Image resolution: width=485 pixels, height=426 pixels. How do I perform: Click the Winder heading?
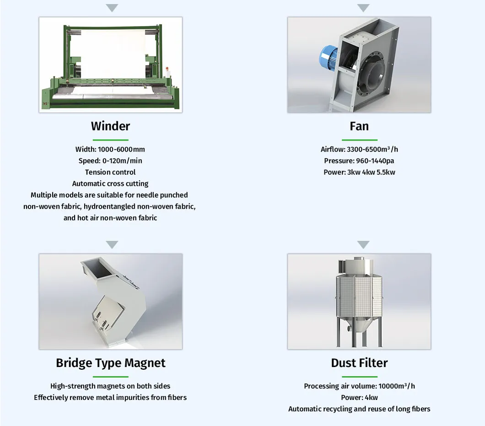point(110,126)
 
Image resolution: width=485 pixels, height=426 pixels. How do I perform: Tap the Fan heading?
point(359,126)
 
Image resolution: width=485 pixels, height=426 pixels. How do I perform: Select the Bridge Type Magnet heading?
point(110,363)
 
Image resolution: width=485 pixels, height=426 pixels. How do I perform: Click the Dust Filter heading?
point(359,363)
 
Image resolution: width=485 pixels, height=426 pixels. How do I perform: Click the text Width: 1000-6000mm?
point(110,149)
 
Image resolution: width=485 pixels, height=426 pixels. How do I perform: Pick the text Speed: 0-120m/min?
point(110,161)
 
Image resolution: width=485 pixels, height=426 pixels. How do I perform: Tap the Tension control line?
point(110,172)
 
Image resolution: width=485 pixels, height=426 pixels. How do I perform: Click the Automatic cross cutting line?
point(110,183)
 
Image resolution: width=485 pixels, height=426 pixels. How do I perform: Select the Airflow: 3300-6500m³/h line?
point(359,149)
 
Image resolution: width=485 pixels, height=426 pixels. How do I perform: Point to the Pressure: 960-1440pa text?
point(359,161)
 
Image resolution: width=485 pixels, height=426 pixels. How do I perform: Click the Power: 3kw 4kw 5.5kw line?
point(359,172)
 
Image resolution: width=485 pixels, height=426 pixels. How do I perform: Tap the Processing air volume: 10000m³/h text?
point(359,386)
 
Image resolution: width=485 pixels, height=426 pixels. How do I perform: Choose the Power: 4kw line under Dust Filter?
point(359,397)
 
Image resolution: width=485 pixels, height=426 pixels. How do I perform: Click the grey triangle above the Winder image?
point(112,8)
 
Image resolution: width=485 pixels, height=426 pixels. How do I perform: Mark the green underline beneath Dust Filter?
point(359,377)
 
